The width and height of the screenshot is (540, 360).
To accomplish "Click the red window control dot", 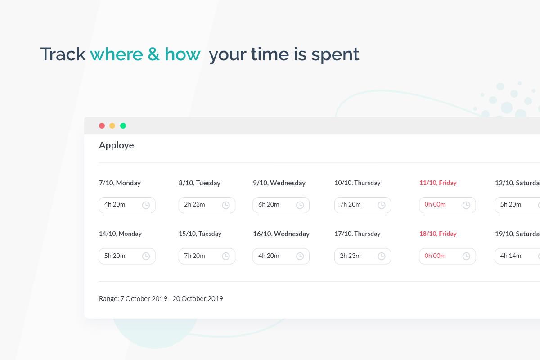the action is [102, 126].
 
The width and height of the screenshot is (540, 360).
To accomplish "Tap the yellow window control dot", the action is [112, 126].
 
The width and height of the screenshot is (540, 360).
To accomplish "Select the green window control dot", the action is [123, 126].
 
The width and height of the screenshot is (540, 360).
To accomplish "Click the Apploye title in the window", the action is [116, 145].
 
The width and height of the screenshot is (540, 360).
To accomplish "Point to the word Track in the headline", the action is [63, 54].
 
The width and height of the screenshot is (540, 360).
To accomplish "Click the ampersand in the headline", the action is [154, 54].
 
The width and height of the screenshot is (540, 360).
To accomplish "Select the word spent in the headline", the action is [335, 55].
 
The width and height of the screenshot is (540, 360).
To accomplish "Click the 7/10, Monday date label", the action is [120, 183].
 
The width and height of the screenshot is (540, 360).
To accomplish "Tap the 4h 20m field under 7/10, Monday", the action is [127, 205].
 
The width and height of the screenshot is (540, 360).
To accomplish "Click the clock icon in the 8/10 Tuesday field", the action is [226, 205].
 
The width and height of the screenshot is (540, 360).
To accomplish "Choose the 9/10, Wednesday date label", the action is [279, 183].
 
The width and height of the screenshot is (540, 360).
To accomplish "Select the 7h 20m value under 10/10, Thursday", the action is [350, 204].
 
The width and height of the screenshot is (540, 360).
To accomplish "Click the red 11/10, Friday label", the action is [438, 183].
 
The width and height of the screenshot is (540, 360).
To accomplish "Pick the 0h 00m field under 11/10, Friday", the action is [447, 205].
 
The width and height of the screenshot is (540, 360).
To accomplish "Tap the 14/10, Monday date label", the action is [120, 234].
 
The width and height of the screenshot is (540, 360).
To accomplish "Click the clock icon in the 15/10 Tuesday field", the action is [226, 256].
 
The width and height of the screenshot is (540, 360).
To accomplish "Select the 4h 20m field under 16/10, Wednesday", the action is [281, 256].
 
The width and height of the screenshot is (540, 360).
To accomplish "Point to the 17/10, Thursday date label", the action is [357, 234].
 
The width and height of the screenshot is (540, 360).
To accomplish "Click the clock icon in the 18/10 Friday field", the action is [467, 256].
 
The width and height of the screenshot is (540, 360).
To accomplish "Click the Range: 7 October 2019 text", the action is [133, 299].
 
